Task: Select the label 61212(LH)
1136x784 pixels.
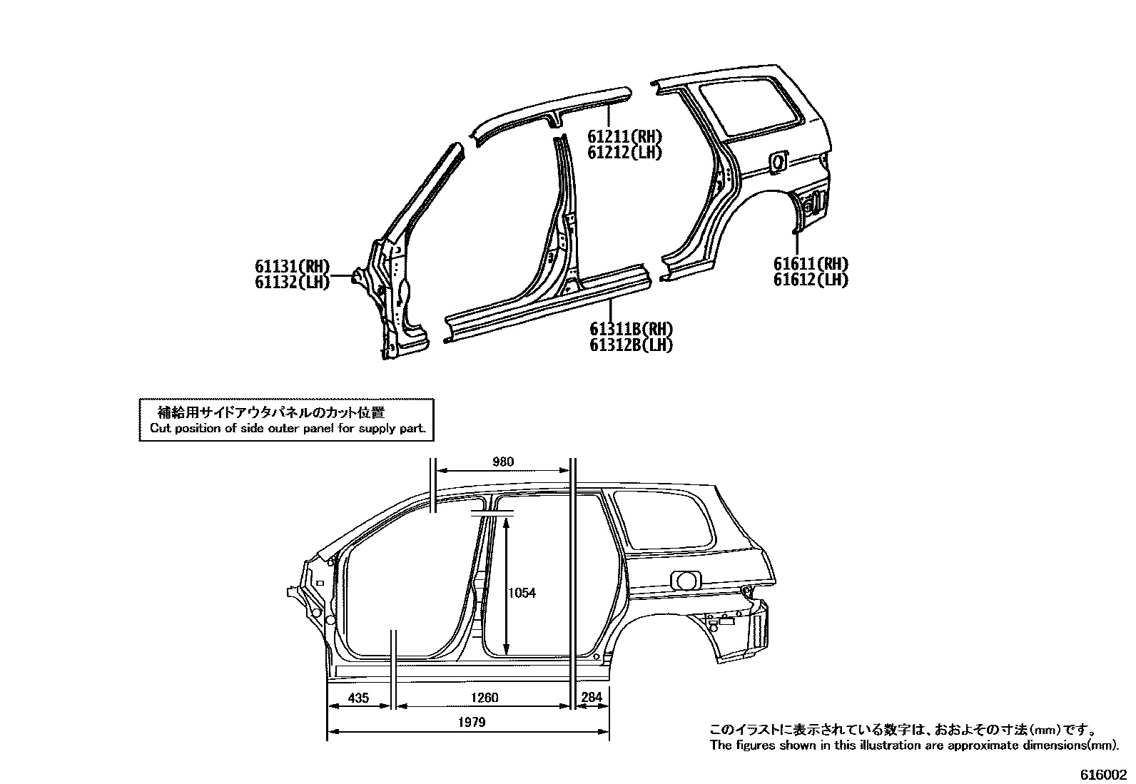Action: click(625, 152)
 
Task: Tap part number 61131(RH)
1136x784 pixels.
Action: click(293, 266)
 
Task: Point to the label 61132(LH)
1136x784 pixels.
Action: click(293, 282)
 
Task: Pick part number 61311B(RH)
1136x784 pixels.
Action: click(632, 329)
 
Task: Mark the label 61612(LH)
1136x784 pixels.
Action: click(811, 280)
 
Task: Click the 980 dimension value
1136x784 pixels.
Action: click(503, 462)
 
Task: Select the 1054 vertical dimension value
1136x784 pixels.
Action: click(522, 593)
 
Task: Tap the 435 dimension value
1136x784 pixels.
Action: click(358, 698)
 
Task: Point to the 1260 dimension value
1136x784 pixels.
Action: click(485, 698)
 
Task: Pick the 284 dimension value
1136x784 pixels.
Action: click(592, 697)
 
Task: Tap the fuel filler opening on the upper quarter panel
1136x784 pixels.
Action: click(778, 162)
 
